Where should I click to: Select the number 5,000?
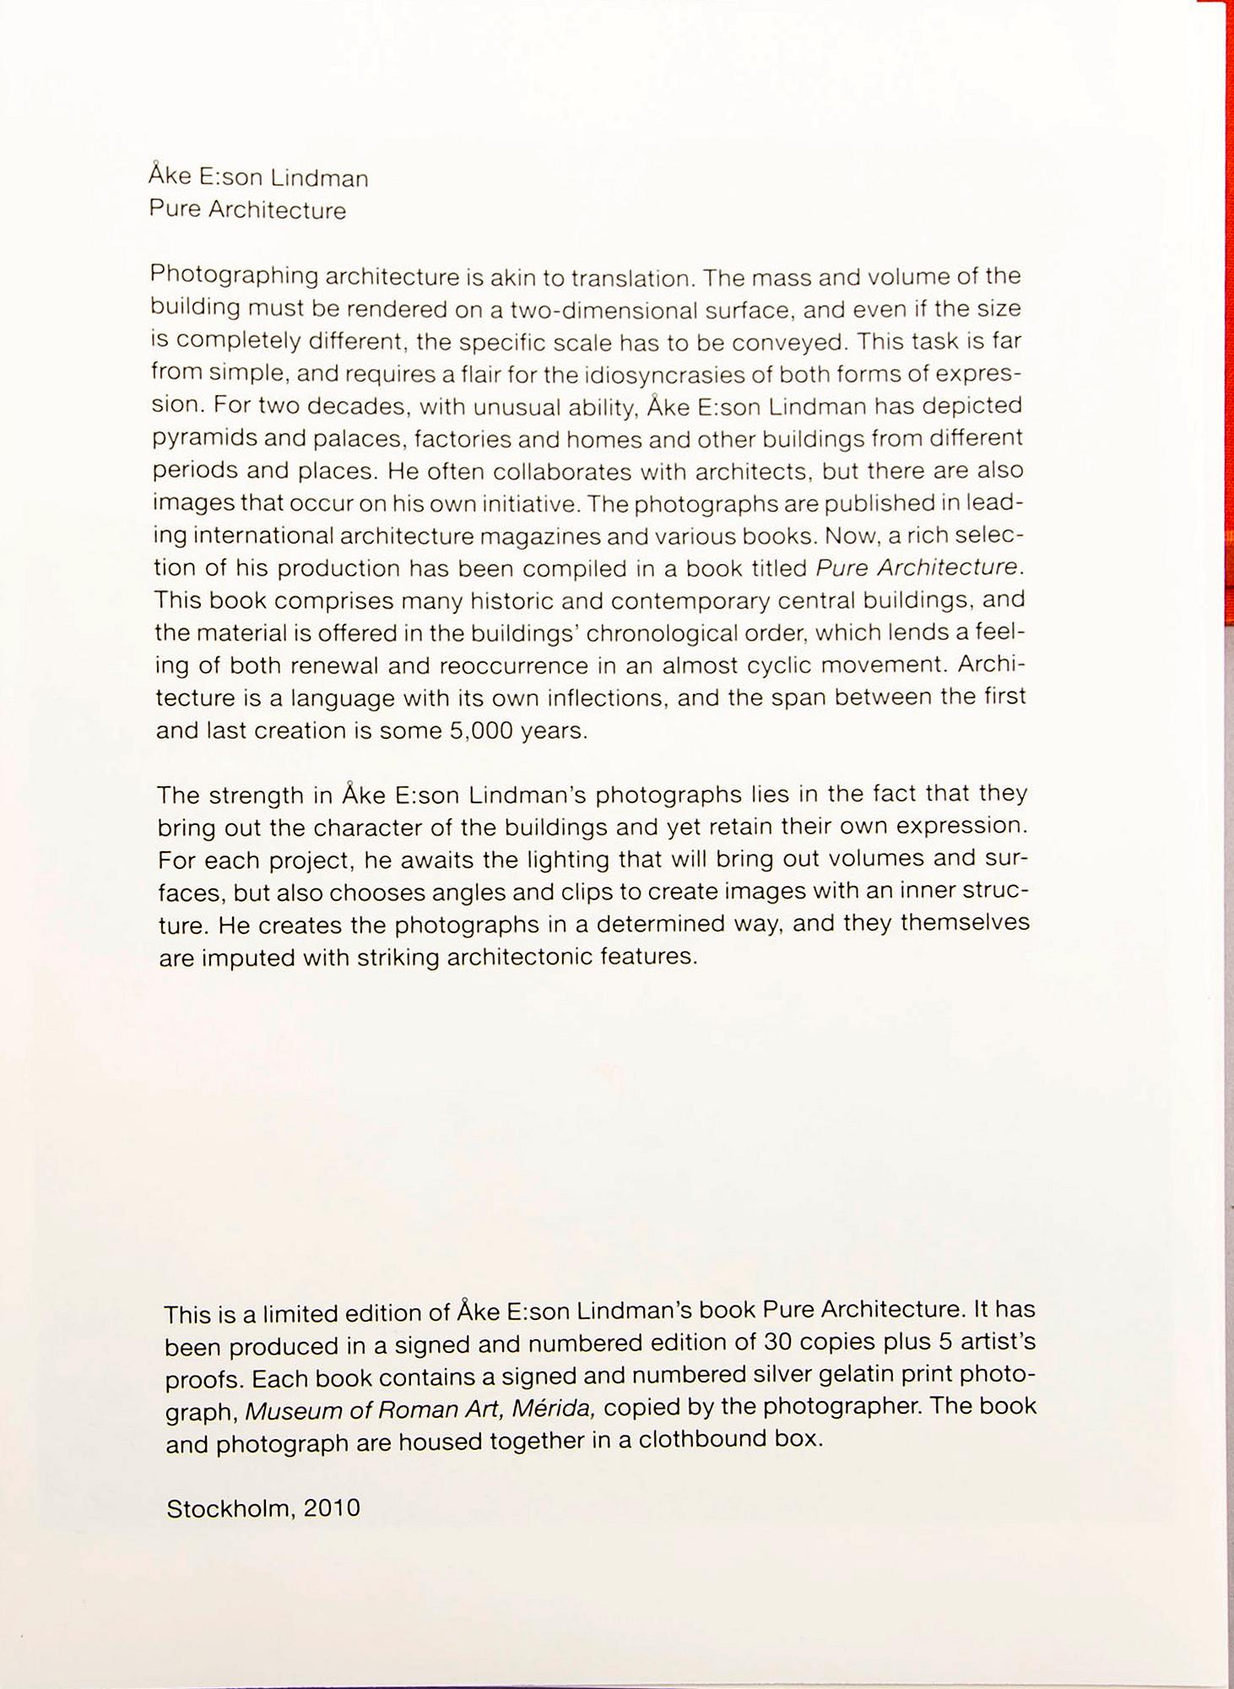(x=481, y=730)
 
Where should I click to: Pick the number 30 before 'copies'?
(x=777, y=1342)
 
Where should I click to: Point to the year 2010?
(x=332, y=1508)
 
